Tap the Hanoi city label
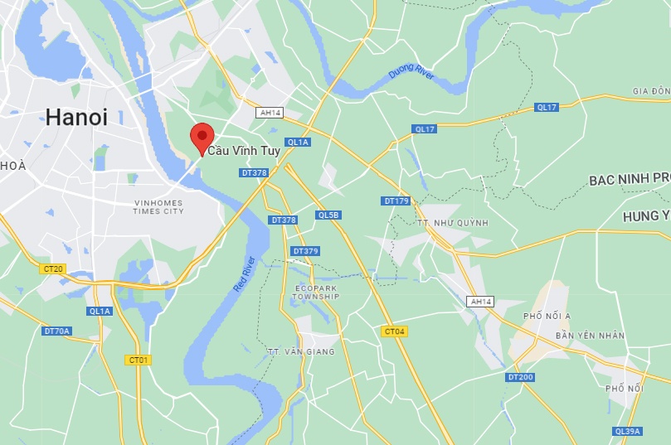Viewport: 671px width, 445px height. [x=76, y=118]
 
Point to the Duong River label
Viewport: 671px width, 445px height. [x=411, y=74]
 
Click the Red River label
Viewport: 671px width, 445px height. [x=244, y=274]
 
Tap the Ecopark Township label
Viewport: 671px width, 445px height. [x=317, y=292]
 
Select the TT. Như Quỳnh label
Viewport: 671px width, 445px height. [x=453, y=223]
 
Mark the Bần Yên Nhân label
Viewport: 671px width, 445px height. [x=590, y=336]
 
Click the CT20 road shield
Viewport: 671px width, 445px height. [x=52, y=268]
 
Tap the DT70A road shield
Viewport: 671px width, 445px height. [x=57, y=331]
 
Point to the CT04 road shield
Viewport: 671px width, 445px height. [x=395, y=331]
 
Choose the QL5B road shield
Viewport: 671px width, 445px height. [x=328, y=215]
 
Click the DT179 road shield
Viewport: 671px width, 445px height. [x=396, y=201]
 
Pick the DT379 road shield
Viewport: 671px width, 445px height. [x=305, y=251]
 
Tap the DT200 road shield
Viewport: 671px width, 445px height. [x=520, y=377]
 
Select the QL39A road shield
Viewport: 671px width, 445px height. [x=627, y=431]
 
